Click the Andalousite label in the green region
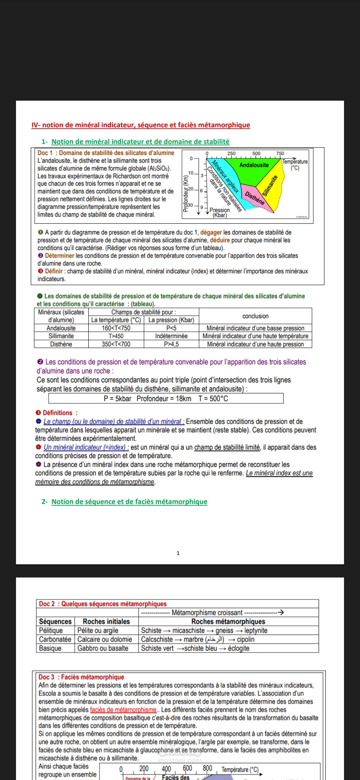click(x=254, y=165)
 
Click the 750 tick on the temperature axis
click(x=280, y=153)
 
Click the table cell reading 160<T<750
click(x=116, y=328)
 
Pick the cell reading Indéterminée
click(x=171, y=336)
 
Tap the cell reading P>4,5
click(x=171, y=344)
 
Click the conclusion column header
click(x=255, y=316)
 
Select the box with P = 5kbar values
click(x=166, y=398)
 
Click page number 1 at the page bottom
click(x=178, y=553)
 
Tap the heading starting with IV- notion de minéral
click(x=141, y=125)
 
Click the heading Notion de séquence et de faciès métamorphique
click(x=129, y=502)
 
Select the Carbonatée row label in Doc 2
click(x=55, y=639)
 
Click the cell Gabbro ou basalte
click(x=103, y=648)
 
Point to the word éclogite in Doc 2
click(x=239, y=648)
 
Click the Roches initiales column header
click(x=106, y=621)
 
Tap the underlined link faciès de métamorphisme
click(x=123, y=710)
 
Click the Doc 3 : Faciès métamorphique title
click(x=81, y=677)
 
